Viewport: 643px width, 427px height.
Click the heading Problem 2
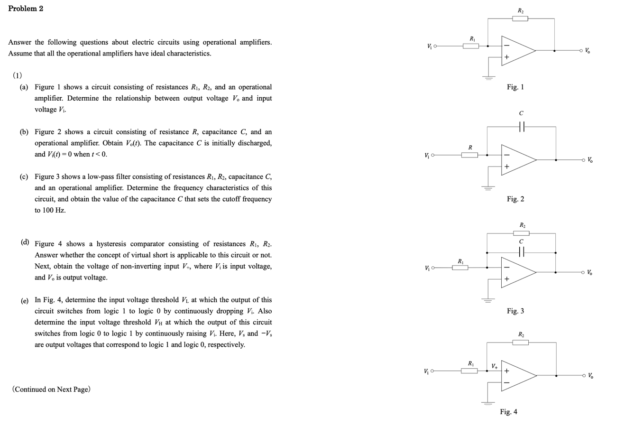(26, 9)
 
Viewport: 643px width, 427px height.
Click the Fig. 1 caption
(515, 87)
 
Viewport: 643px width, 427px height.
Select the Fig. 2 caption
(515, 199)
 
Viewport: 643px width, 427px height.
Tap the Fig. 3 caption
(515, 311)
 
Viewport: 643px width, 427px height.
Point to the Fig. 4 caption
(508, 411)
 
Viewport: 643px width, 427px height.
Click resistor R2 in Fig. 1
(520, 19)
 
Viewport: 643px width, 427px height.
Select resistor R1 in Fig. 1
(471, 46)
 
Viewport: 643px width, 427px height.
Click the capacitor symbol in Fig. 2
(521, 127)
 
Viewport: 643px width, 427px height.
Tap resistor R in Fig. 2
(469, 155)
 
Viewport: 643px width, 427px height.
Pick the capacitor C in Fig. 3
(521, 252)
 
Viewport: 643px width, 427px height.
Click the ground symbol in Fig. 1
(489, 77)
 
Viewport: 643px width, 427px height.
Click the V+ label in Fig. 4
(495, 366)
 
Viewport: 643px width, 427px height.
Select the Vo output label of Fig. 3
(589, 272)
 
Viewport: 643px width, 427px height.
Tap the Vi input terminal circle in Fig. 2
(433, 155)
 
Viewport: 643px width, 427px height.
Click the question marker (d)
(24, 242)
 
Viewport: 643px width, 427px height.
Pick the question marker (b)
(24, 132)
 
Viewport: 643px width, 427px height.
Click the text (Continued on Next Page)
(51, 389)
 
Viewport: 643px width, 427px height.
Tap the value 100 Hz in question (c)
(54, 210)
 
